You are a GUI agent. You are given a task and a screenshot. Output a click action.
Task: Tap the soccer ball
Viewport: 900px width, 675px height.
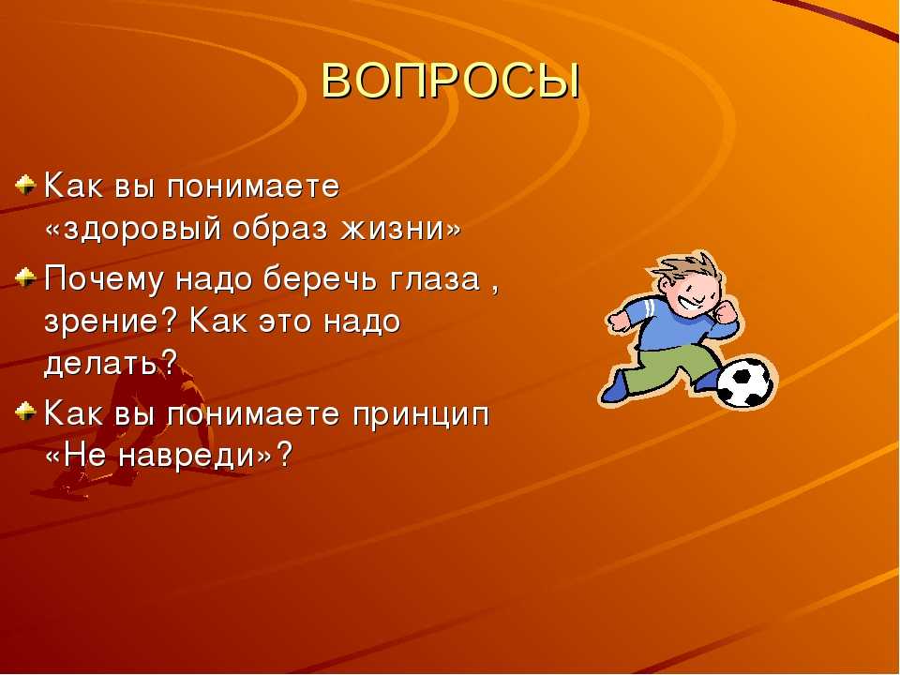pos(744,382)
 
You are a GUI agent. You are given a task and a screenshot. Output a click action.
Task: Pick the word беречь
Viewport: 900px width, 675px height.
pos(321,279)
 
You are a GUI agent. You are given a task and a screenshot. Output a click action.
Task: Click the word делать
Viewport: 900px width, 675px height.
pos(101,362)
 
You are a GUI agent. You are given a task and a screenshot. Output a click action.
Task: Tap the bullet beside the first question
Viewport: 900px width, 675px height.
pos(25,185)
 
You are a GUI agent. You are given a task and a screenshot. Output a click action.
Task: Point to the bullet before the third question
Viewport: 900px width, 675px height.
pos(25,411)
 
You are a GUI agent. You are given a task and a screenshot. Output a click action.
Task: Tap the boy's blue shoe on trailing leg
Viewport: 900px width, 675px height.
pos(615,387)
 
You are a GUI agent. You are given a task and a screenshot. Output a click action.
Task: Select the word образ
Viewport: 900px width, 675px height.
pos(280,229)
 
